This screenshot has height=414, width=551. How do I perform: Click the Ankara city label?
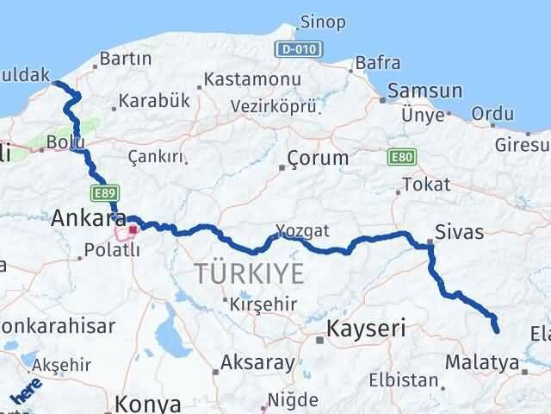point(89,218)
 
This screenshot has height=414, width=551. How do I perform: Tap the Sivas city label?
point(460,231)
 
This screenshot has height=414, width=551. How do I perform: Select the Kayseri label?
point(366,328)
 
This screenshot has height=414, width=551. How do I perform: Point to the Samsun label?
point(424,91)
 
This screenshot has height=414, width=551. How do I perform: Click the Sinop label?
point(323,22)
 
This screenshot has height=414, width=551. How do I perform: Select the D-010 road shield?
point(294,49)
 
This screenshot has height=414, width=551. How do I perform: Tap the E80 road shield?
point(401,157)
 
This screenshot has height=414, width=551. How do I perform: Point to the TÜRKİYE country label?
point(249,274)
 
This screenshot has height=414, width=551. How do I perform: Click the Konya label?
point(148,405)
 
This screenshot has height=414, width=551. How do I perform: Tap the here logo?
point(27,393)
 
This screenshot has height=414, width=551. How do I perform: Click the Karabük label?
point(154,100)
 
